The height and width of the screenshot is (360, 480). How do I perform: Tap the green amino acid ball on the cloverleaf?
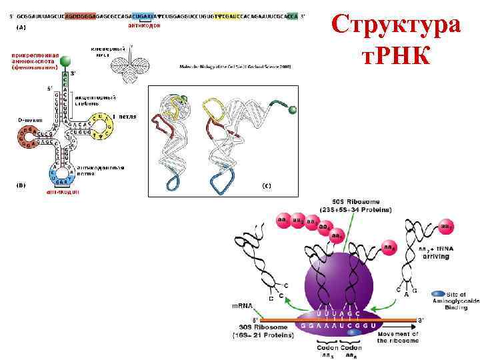click(65, 62)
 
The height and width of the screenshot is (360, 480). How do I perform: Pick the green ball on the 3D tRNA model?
click(291, 109)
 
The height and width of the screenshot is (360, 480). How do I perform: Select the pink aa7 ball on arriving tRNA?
click(447, 227)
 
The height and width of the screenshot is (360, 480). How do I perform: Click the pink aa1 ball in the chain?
click(283, 219)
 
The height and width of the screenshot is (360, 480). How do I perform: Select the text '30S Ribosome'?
click(259, 327)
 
